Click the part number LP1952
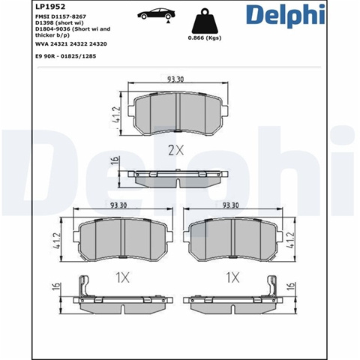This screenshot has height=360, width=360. (50, 6)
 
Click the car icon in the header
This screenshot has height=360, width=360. (157, 13)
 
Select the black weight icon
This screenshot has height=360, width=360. (205, 21)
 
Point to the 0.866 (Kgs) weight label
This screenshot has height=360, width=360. (205, 38)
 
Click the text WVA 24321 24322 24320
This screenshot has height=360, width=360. (71, 44)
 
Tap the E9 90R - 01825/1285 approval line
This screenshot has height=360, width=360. (66, 56)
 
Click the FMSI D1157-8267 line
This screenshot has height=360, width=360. (61, 16)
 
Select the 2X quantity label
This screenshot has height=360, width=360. (175, 150)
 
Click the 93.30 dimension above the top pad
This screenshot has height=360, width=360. (175, 79)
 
